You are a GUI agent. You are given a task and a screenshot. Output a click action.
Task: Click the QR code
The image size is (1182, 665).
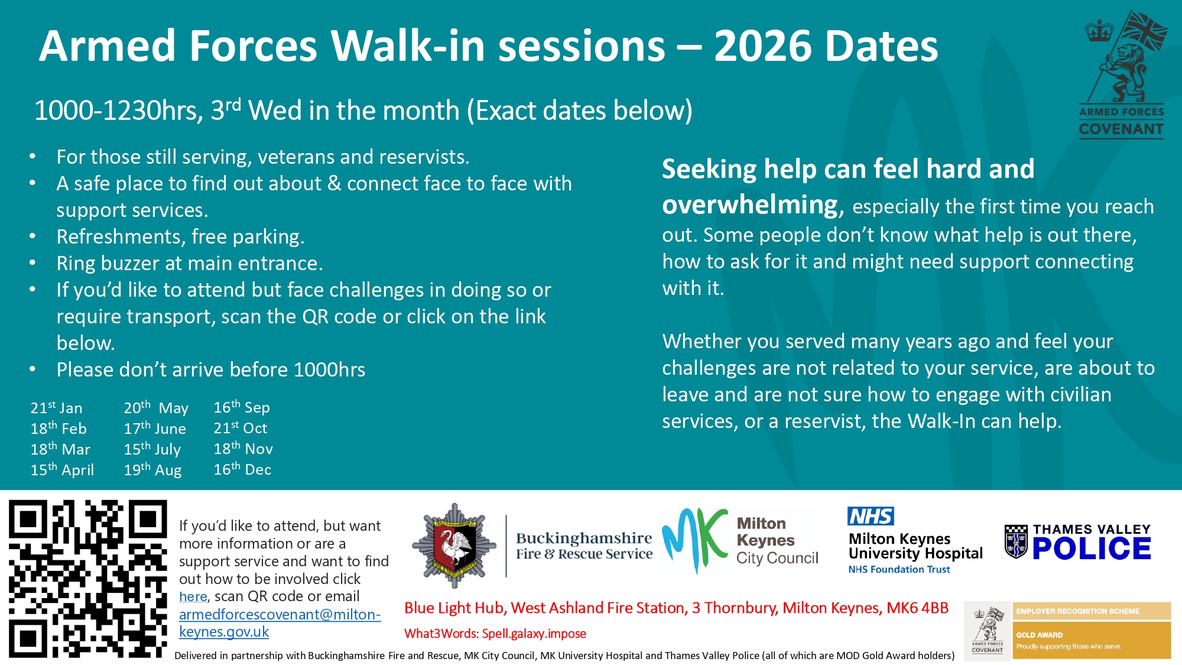88,579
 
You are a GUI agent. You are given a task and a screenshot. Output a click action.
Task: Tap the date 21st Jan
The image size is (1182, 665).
56,407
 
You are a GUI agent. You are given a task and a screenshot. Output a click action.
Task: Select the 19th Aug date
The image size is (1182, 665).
152,469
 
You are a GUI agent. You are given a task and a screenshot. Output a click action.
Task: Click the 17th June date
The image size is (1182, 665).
155,428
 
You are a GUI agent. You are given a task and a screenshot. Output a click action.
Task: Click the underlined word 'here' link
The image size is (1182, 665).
193,596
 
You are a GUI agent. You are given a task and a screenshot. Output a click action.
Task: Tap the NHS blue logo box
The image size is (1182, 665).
871,516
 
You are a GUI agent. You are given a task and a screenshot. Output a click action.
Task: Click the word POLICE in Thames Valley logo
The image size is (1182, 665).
1092,549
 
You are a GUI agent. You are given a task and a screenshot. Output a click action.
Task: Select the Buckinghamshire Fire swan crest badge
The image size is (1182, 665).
454,546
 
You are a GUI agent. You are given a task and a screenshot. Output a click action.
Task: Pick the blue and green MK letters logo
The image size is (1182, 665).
694,540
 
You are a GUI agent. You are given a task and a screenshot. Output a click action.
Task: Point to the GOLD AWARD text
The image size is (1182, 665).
1040,635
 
